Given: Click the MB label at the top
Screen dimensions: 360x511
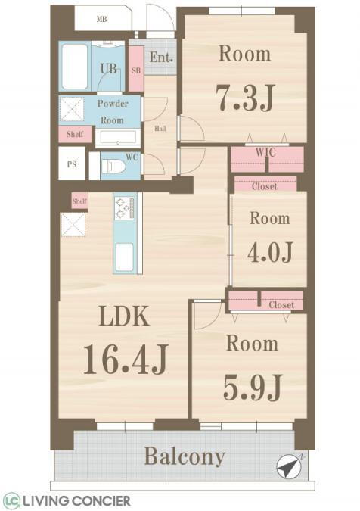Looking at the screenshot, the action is click(x=102, y=20).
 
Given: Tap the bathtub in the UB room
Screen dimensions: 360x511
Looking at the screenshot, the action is click(x=75, y=67).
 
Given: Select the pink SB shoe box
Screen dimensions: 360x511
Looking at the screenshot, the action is click(x=136, y=69).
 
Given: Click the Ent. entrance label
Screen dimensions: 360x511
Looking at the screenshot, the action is click(x=161, y=58).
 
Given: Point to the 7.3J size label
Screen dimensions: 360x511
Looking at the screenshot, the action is click(x=246, y=97).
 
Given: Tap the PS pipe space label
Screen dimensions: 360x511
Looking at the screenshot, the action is click(x=72, y=164).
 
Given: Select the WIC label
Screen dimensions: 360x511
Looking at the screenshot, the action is click(x=265, y=152).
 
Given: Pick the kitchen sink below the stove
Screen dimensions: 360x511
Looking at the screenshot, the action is click(x=125, y=257).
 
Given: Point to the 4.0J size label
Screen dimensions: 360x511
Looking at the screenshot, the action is click(x=271, y=252).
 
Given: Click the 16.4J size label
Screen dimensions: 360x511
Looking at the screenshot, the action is click(x=126, y=360).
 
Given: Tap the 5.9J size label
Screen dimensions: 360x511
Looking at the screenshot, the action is click(x=253, y=387).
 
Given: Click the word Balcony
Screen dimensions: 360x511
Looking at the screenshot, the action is click(x=185, y=456).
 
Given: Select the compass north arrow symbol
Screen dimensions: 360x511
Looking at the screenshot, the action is click(x=288, y=466).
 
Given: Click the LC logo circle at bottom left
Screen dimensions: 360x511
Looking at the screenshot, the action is click(x=11, y=500).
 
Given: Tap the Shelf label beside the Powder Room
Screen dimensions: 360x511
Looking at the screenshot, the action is click(x=75, y=134).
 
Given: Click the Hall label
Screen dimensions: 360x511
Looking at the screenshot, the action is click(x=160, y=129).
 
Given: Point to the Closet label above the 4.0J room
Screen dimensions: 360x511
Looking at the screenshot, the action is click(x=265, y=187).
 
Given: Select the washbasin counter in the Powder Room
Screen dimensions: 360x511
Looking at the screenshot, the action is click(x=118, y=139).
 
